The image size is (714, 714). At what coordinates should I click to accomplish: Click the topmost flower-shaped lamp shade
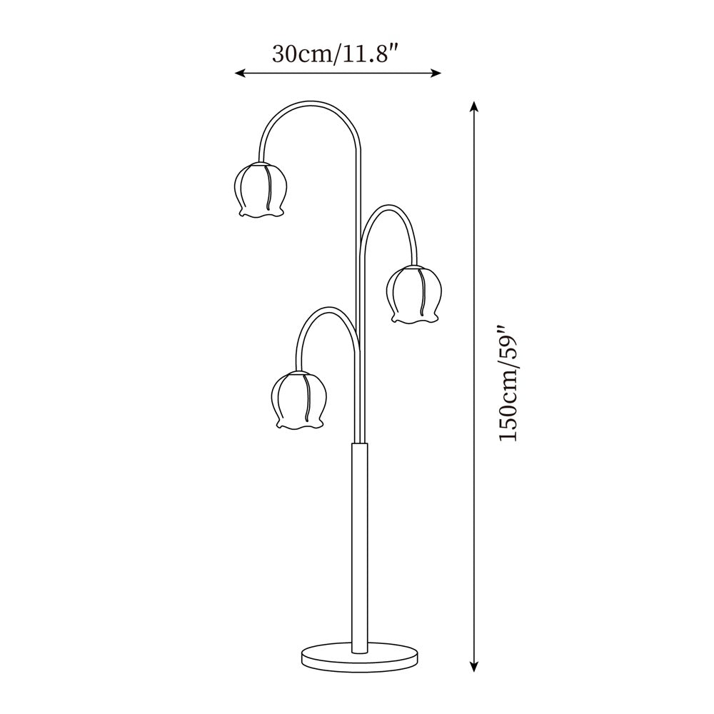tap(261, 188)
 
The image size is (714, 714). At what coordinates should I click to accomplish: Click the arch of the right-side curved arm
tap(390, 208)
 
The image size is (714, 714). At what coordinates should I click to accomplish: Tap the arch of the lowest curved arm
tap(326, 310)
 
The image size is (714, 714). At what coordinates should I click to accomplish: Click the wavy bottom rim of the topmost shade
tap(261, 213)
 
